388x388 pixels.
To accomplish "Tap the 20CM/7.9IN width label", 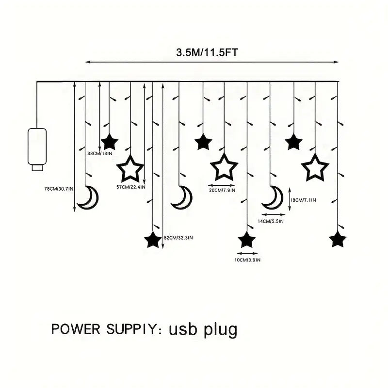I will coord(222,191).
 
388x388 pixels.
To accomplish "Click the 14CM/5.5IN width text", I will coord(271,221).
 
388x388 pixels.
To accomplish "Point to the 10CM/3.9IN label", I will coord(247,260).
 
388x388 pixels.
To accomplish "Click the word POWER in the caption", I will coord(78,329).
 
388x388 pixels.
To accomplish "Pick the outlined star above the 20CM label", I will coord(224,167).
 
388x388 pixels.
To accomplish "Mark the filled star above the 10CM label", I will coord(247,240).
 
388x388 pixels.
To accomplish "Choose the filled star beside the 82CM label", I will coord(153,240).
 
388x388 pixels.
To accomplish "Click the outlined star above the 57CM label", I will coord(130,169).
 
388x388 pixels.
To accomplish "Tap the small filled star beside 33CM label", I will coord(110,142).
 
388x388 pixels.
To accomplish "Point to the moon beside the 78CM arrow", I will coord(88,197).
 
